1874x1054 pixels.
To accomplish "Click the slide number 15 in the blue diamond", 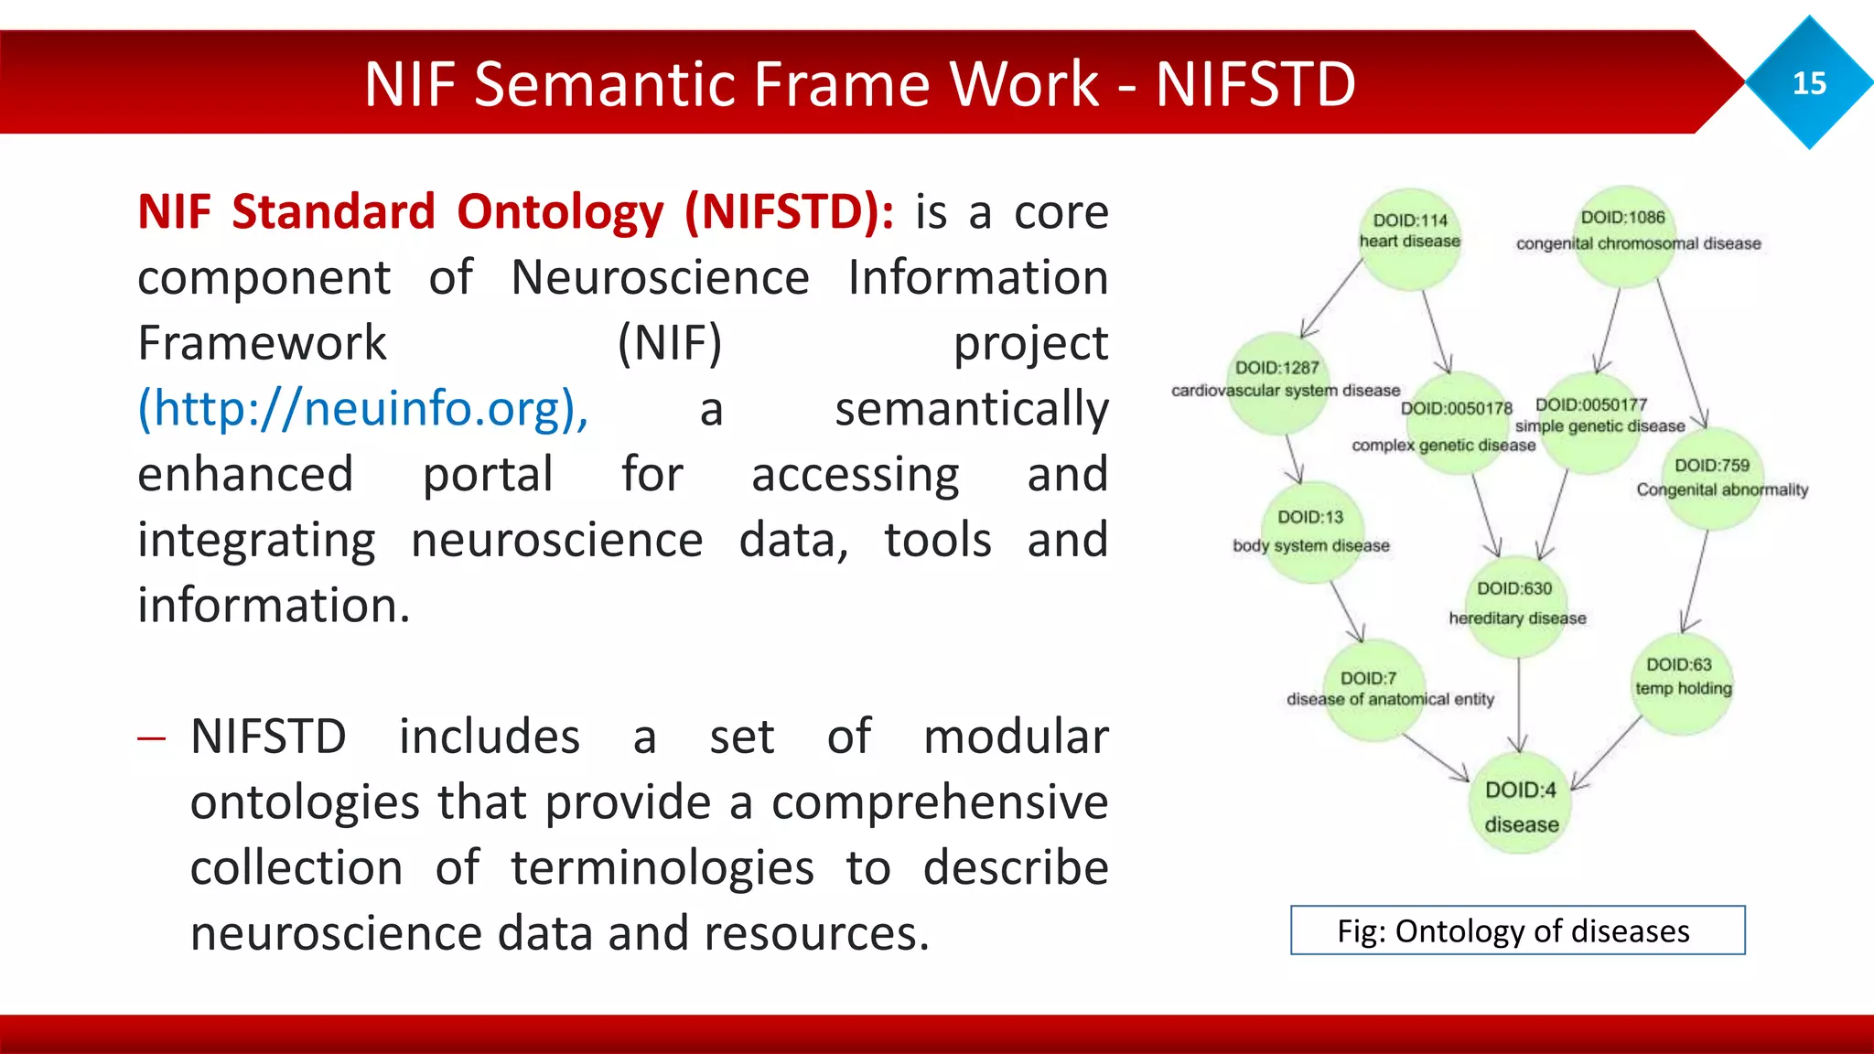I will [1809, 83].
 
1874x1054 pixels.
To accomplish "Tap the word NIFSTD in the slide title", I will [1255, 84].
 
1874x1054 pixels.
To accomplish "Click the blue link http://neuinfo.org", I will [362, 408].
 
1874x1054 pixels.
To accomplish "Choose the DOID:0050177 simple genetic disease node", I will [1592, 422].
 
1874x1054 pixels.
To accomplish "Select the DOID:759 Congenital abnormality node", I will [1711, 479].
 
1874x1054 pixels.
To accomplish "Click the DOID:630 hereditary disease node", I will [1516, 605].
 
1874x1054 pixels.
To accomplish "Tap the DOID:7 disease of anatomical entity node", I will [1373, 689].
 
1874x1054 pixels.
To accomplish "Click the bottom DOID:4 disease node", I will [1520, 804].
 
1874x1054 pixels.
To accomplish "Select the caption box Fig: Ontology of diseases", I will [1516, 930].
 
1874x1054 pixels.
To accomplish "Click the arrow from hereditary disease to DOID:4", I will [1519, 704].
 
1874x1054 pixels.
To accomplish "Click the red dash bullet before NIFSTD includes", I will [151, 738].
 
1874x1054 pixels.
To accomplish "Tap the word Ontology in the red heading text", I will [560, 212].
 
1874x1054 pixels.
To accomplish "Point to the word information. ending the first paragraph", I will [274, 606].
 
